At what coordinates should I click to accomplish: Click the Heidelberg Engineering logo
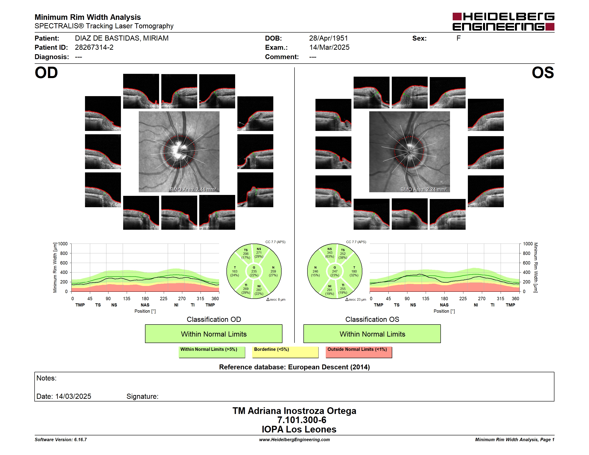(x=503, y=22)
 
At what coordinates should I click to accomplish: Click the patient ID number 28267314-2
(x=94, y=48)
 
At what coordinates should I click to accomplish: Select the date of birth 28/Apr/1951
(x=328, y=38)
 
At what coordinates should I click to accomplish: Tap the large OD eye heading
(x=46, y=73)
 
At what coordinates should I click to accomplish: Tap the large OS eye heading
(x=543, y=73)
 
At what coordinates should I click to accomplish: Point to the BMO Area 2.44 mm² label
(x=193, y=190)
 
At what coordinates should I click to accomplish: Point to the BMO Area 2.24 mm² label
(x=423, y=190)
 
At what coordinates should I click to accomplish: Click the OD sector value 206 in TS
(x=246, y=254)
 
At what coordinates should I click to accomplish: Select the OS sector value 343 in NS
(x=330, y=252)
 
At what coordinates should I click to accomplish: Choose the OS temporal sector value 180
(x=354, y=271)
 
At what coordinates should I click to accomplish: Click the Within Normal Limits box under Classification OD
(x=214, y=334)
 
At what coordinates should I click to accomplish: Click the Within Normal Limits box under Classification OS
(x=372, y=334)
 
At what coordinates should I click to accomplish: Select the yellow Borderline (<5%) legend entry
(x=285, y=352)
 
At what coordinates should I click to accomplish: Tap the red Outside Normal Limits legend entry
(x=359, y=352)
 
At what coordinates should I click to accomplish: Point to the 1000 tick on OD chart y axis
(x=63, y=244)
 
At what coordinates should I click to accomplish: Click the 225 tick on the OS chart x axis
(x=463, y=299)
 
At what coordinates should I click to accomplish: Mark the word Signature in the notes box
(x=142, y=396)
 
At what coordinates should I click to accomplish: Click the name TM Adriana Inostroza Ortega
(x=294, y=411)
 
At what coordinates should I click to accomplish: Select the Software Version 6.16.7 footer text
(x=61, y=440)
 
